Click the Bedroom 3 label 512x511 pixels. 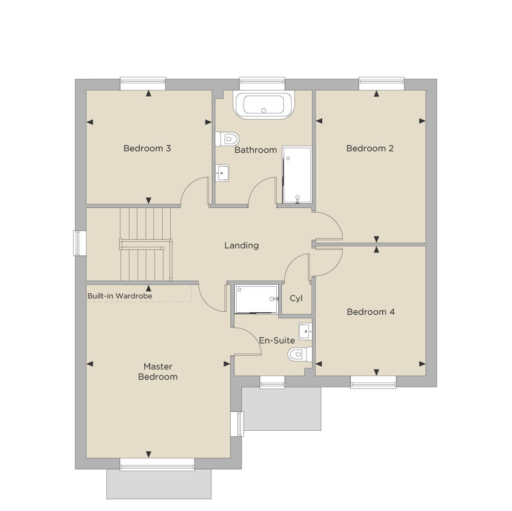pos(147,149)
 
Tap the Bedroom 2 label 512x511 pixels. pos(370,149)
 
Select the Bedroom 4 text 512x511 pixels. pos(371,312)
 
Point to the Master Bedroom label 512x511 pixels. pos(158,371)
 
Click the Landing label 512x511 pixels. pos(241,245)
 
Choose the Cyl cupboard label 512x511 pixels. pos(296,298)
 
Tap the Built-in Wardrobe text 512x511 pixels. pos(120,296)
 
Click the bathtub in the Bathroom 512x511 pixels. pos(263,105)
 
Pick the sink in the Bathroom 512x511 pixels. pos(222,173)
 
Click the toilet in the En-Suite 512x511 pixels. pos(300,354)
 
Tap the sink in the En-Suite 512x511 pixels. pos(305,332)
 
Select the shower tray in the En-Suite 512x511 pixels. pos(256,299)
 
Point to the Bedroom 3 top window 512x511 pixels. pos(143,83)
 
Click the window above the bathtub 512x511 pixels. pos(262,83)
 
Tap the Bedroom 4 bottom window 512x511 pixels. pos(373,382)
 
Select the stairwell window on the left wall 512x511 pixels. pos(80,243)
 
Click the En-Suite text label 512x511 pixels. pos(277,340)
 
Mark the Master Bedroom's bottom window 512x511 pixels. pos(157,464)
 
